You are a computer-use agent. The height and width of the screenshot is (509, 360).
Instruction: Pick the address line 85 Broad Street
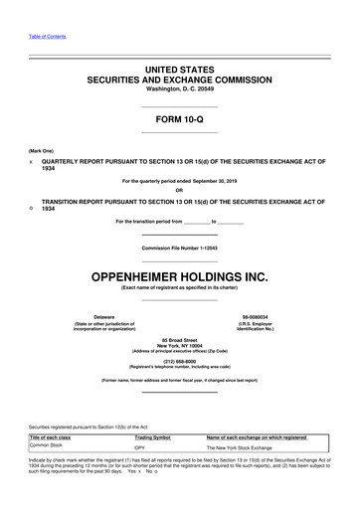(x=179, y=340)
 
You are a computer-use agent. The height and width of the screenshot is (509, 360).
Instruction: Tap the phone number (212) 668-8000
(x=179, y=361)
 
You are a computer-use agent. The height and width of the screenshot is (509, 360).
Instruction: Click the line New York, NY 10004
(x=179, y=346)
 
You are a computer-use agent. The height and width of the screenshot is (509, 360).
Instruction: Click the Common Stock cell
(x=51, y=445)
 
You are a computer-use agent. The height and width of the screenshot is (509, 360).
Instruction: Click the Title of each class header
(x=51, y=437)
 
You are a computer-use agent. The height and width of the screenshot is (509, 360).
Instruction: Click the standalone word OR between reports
(x=179, y=192)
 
